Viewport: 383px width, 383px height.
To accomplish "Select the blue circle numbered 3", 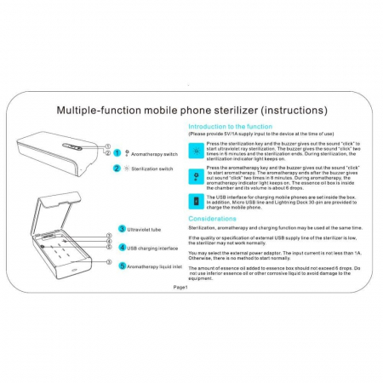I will (x=122, y=229).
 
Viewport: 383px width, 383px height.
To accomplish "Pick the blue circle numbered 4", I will (x=122, y=248).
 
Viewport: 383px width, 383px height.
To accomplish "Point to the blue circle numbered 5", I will (x=122, y=266).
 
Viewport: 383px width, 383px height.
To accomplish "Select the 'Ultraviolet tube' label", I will (x=147, y=230).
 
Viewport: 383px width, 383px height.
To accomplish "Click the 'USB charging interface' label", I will (x=154, y=248).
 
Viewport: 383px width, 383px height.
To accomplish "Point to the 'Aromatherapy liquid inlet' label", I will (x=157, y=266).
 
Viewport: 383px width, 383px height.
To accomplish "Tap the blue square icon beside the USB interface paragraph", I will (x=197, y=201).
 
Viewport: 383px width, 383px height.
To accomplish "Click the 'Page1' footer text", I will (x=180, y=288).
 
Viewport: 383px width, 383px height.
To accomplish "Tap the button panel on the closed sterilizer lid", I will (x=74, y=146).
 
